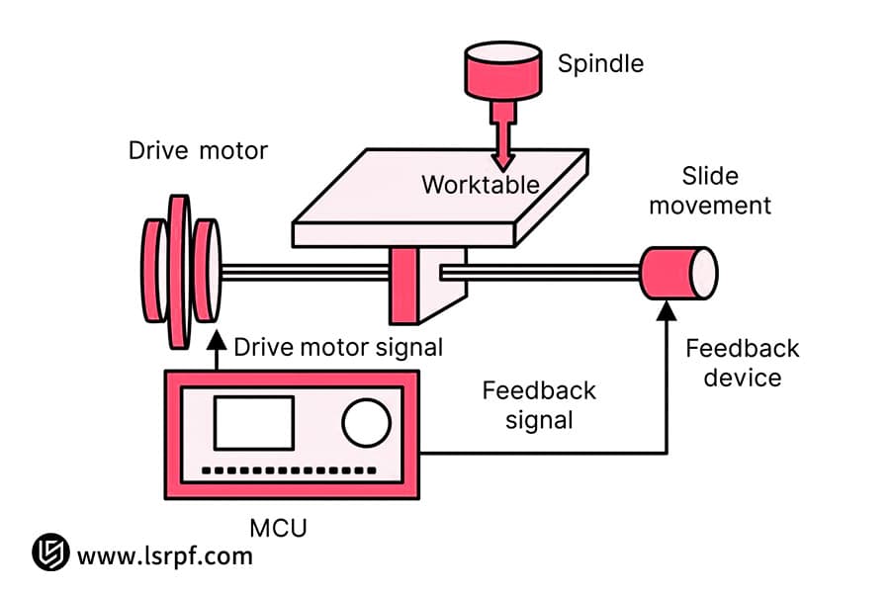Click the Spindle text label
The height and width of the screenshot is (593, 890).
coord(600,64)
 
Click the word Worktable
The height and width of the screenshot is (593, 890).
coord(481,185)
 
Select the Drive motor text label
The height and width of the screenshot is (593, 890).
coord(198,151)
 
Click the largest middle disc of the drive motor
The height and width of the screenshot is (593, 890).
coord(179,271)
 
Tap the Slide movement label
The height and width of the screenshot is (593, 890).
coord(710,191)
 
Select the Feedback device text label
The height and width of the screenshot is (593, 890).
coord(742,363)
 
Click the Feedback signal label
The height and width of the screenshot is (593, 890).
coord(539,404)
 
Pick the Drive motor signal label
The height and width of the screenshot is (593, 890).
coord(338,347)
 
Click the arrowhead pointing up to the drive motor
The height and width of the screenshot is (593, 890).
coord(217,340)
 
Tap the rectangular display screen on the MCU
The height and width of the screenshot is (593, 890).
coord(254,423)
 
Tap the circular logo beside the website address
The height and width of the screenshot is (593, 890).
coord(50,553)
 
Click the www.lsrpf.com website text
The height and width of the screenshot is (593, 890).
coord(164,555)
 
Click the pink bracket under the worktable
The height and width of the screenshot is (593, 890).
coord(405,286)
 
